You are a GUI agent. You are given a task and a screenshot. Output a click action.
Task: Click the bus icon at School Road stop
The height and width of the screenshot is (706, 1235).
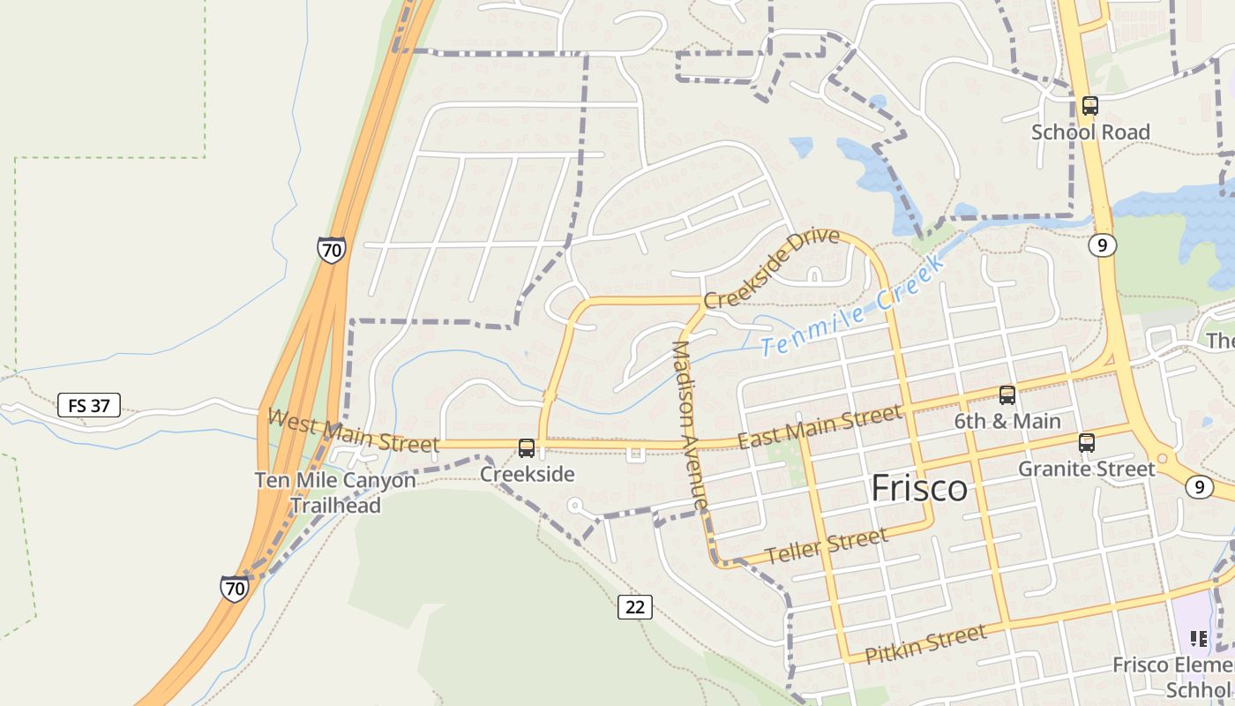[x=1090, y=106]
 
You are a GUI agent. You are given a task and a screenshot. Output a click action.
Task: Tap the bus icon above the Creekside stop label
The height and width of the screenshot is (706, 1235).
[x=527, y=448]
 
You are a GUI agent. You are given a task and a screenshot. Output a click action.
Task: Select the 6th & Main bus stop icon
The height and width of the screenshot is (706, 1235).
[x=1007, y=395]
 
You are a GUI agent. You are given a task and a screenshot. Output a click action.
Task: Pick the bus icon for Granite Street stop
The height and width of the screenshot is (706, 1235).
[x=1087, y=443]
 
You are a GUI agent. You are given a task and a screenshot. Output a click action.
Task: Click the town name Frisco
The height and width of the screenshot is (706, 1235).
[x=919, y=489]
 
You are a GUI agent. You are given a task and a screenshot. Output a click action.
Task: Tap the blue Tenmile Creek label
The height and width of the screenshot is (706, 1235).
[x=852, y=304]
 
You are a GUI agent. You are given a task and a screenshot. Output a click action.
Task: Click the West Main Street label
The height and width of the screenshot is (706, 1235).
[x=353, y=431]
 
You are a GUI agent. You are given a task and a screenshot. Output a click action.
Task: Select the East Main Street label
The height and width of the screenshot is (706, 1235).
[x=820, y=426]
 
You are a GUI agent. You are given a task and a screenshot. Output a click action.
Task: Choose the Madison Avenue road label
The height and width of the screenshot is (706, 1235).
[x=690, y=425]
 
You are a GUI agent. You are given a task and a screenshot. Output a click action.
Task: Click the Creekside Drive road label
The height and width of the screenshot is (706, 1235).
[x=771, y=267]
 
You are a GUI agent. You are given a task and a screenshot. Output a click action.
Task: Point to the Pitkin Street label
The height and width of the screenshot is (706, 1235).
[x=925, y=644]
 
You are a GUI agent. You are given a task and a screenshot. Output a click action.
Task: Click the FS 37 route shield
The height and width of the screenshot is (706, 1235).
[x=89, y=406]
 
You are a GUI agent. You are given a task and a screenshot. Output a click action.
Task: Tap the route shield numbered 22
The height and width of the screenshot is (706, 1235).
[x=635, y=607]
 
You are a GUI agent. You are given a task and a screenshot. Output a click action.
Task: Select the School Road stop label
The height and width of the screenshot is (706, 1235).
[x=1090, y=132]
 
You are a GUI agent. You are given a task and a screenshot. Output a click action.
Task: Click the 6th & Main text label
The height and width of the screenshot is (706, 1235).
[x=1007, y=421]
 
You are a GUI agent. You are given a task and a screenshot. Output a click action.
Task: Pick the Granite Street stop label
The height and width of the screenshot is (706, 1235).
[x=1087, y=469]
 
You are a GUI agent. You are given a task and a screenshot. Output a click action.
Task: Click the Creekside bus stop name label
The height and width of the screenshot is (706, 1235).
[x=527, y=474]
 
